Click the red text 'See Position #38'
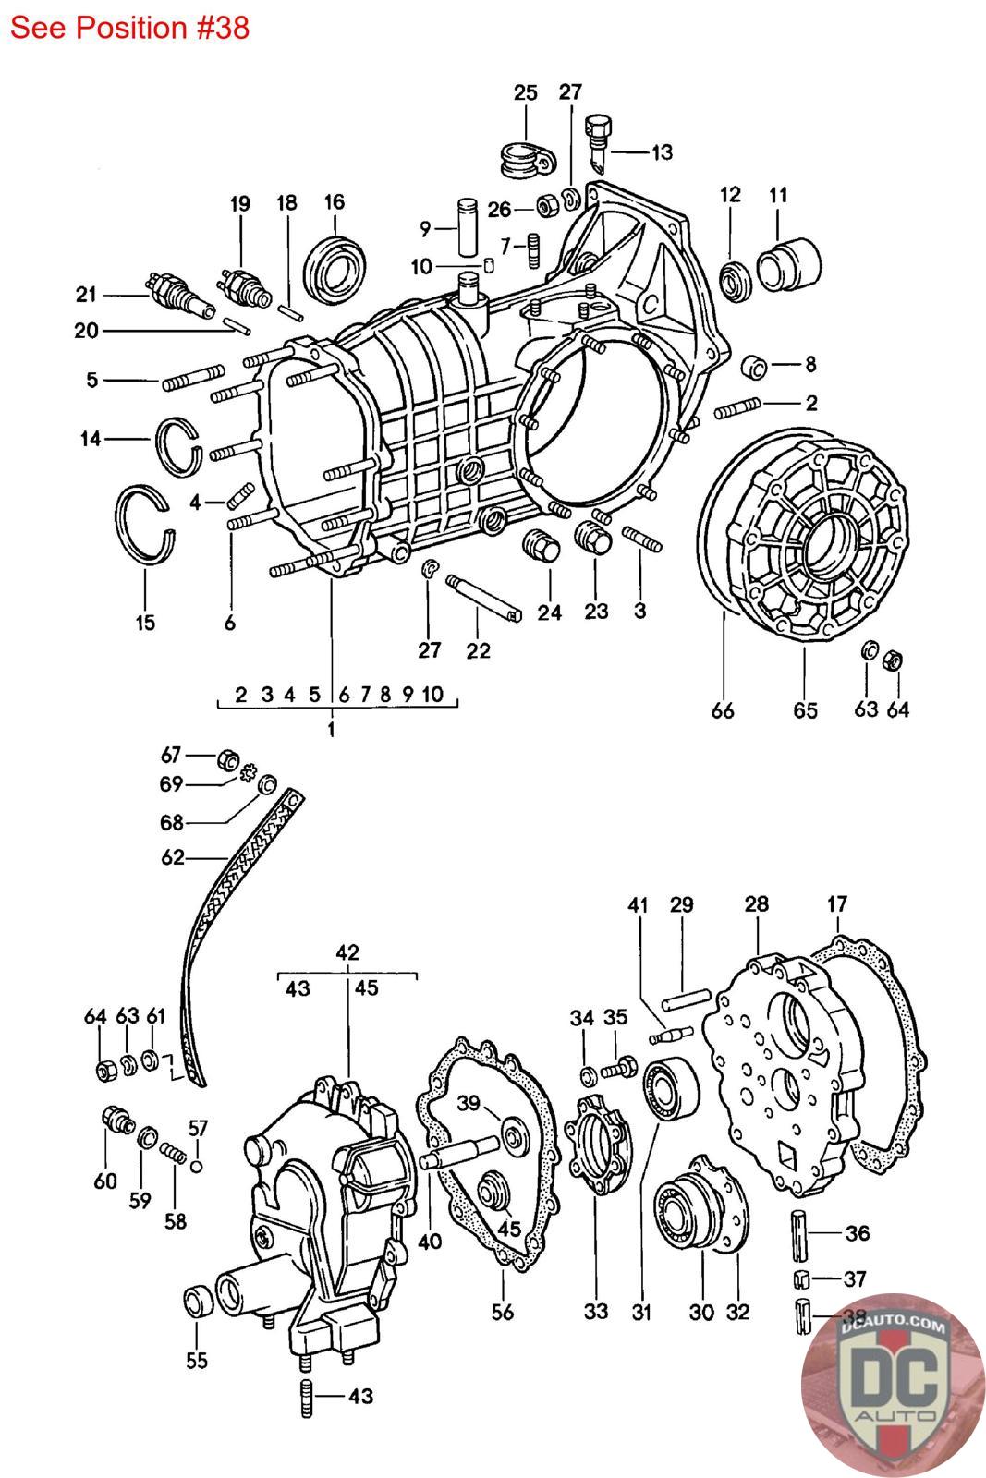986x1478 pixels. click(x=129, y=28)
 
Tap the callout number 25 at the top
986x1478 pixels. click(x=525, y=92)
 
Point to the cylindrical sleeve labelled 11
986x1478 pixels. click(x=788, y=264)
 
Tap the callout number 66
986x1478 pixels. click(x=722, y=710)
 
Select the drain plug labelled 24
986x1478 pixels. click(x=542, y=544)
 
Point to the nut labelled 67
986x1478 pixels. click(x=227, y=760)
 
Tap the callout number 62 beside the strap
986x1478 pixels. click(x=172, y=857)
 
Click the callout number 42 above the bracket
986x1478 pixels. click(x=347, y=952)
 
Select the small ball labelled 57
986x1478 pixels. click(x=195, y=1167)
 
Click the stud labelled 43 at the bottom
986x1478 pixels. click(x=306, y=1399)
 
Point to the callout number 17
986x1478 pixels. click(x=837, y=904)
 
